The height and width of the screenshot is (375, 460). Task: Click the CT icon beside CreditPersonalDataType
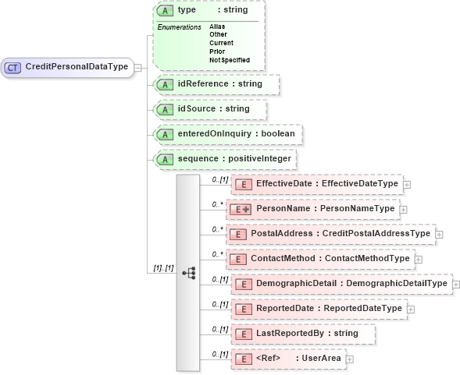(x=13, y=67)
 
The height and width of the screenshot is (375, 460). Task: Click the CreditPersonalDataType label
(x=77, y=67)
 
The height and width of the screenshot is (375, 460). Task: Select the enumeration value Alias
(x=216, y=27)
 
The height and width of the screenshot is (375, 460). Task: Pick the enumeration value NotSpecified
(x=229, y=60)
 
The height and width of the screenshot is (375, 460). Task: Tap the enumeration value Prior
(x=216, y=51)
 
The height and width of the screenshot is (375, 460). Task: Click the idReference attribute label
(x=219, y=83)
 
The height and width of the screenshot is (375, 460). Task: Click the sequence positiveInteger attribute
(x=234, y=159)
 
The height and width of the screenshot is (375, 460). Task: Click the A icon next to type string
(x=165, y=11)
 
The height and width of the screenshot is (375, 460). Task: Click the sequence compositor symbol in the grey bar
(x=188, y=272)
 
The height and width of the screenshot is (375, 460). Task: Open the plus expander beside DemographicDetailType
(x=455, y=284)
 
